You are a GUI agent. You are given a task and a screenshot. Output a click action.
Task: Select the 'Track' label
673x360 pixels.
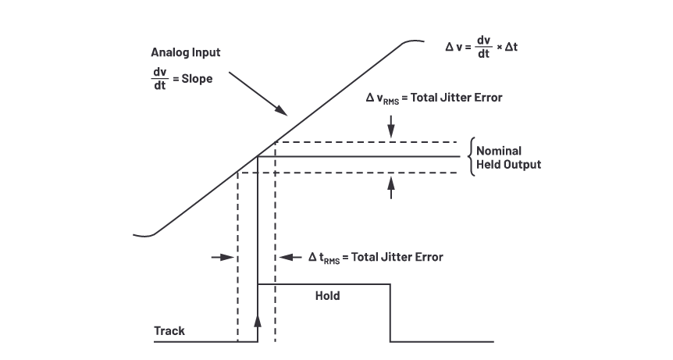point(169,331)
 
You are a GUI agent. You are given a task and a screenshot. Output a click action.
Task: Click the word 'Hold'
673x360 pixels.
point(327,297)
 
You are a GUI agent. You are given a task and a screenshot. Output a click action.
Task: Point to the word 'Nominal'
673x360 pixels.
point(500,151)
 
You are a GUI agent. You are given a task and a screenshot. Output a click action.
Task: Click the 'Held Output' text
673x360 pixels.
point(509,165)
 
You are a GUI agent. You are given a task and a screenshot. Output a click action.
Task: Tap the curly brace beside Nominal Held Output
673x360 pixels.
point(470,157)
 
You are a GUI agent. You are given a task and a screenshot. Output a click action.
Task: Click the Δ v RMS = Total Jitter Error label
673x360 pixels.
point(434,98)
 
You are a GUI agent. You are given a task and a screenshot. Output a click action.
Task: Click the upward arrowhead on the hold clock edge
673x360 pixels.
point(258,321)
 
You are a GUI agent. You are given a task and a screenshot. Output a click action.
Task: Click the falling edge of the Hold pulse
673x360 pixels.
point(390,313)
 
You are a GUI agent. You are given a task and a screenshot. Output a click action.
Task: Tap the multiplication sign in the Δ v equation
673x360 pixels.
point(500,48)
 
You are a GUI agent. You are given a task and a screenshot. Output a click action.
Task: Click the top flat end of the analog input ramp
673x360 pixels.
point(414,42)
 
